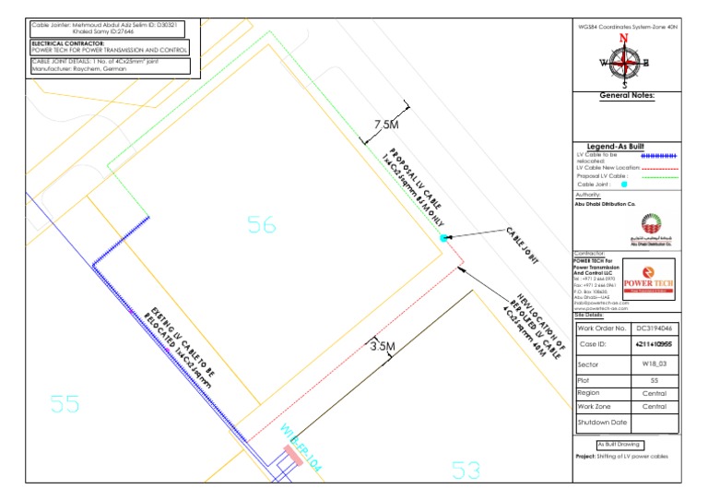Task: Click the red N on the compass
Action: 626,40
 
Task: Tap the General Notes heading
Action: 627,95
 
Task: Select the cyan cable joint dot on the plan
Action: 444,238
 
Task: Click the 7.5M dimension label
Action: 385,125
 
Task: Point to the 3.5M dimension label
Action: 383,347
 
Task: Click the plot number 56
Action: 262,224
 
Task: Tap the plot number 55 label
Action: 65,403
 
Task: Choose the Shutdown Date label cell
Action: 601,423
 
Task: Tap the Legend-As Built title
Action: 626,145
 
